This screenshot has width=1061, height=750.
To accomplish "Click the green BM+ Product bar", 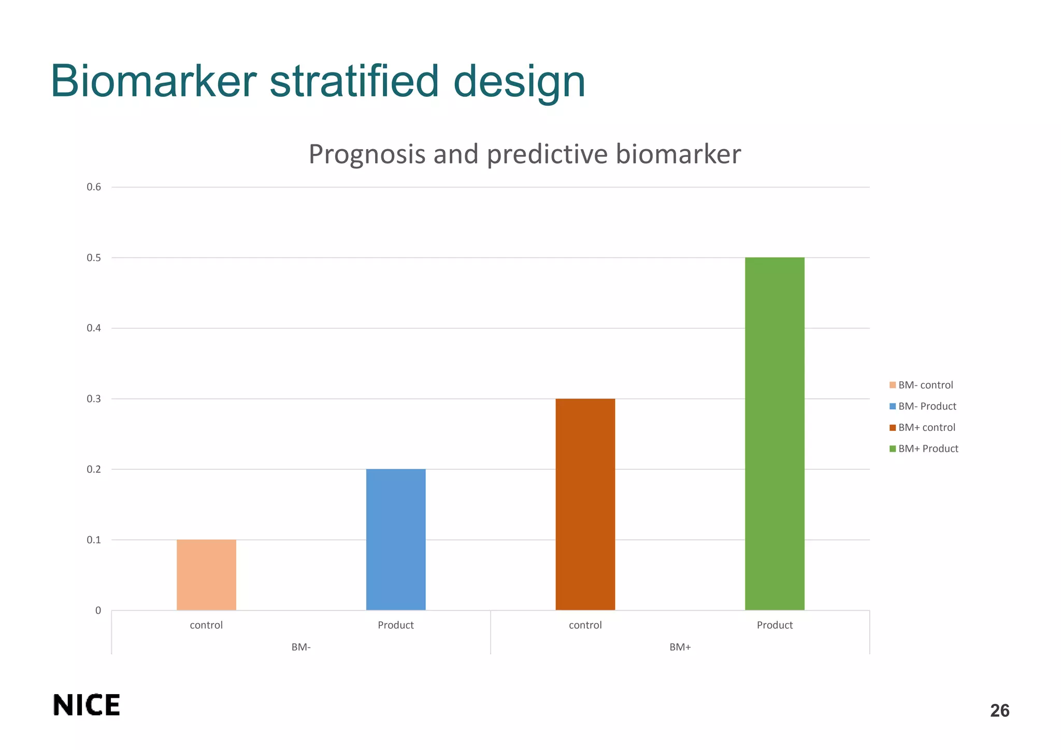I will (x=775, y=434).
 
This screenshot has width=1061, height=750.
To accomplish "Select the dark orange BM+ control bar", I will (x=585, y=504).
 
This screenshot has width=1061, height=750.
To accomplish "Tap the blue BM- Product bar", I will (x=396, y=539).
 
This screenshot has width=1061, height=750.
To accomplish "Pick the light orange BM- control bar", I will (x=206, y=574).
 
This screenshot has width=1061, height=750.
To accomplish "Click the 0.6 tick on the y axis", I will (x=94, y=187).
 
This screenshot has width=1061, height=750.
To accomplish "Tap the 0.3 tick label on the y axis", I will (x=94, y=399).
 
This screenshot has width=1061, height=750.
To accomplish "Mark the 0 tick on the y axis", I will (x=98, y=611).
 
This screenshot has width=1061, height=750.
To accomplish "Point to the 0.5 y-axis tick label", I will (x=94, y=258).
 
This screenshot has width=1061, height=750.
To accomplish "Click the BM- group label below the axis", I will (x=301, y=647).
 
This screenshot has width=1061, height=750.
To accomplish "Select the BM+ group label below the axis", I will (x=680, y=647).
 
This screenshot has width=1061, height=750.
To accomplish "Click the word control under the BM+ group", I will (x=585, y=625).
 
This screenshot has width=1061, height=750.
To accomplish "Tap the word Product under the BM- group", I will (x=396, y=625).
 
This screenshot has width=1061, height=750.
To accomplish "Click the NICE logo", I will (x=87, y=705).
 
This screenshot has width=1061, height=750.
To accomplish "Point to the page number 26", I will (x=999, y=711).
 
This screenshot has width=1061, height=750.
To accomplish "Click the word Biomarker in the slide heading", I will (x=153, y=81).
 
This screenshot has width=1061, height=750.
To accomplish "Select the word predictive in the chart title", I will (x=547, y=154).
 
